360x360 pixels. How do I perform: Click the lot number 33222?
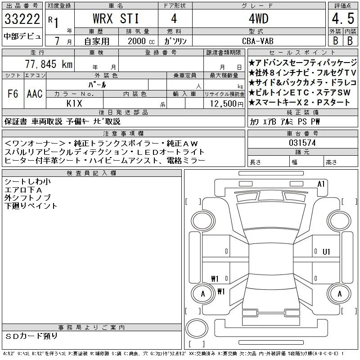click(x=22, y=19)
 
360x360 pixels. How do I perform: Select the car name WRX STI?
click(x=116, y=18)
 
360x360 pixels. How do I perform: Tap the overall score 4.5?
click(x=343, y=18)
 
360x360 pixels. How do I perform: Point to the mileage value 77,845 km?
click(x=49, y=64)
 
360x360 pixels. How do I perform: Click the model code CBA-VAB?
click(x=258, y=41)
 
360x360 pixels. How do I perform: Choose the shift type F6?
click(x=13, y=94)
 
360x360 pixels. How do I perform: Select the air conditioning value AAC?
click(x=35, y=94)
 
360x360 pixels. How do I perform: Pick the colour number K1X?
click(x=74, y=103)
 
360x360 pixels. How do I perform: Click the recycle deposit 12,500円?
click(x=226, y=104)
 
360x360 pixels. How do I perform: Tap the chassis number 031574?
click(x=302, y=143)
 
